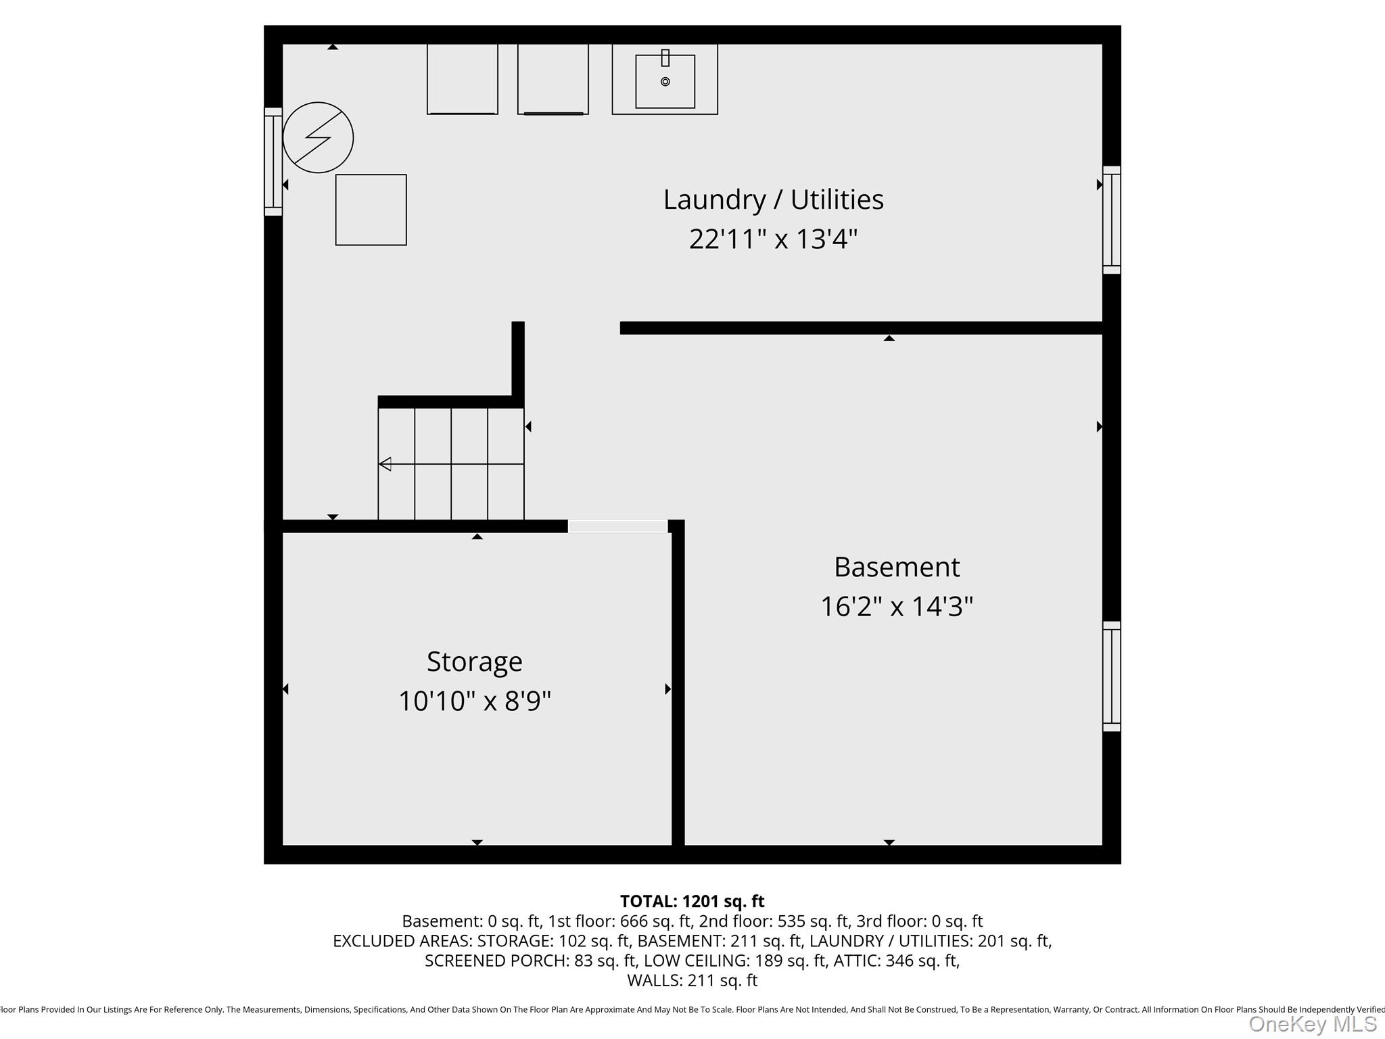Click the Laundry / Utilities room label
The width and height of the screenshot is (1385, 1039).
point(773,200)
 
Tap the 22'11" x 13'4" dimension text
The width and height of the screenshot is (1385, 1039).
point(773,239)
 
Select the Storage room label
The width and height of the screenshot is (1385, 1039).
point(474,662)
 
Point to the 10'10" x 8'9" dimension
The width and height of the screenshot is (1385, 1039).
point(474,701)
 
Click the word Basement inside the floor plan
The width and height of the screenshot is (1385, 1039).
point(897,567)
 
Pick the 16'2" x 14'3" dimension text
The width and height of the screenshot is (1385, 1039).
point(897,607)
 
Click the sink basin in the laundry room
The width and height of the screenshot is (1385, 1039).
point(665,82)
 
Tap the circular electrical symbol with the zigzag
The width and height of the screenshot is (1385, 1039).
point(318,137)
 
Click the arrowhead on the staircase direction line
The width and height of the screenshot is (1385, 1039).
point(385,464)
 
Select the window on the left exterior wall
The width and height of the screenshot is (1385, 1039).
point(273,162)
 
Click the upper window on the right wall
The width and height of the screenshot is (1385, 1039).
point(1112,220)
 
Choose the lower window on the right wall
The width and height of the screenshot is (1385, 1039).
point(1112,676)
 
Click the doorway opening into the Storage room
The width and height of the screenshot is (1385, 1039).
point(617,526)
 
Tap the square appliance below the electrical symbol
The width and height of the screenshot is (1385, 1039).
point(371,210)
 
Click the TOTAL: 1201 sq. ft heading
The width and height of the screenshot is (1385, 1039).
point(692,902)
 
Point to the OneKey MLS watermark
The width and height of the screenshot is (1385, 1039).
point(1312,1024)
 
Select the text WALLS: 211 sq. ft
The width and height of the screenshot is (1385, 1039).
point(692,980)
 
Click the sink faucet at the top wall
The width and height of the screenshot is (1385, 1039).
point(665,58)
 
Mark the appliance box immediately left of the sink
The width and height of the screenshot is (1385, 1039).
point(553,79)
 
